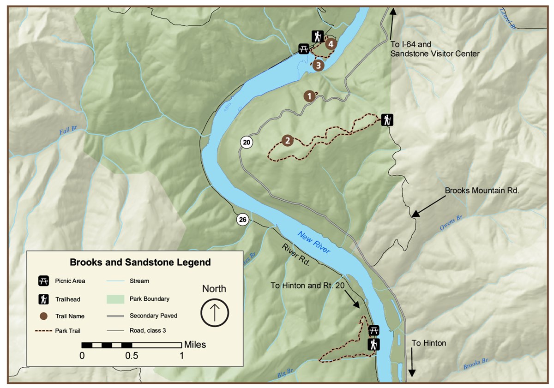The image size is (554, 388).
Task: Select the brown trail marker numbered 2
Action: tap(287, 140)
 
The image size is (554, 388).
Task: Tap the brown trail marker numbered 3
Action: tap(318, 66)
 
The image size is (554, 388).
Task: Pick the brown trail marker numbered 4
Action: tap(330, 44)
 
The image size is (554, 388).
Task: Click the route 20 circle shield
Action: tap(247, 142)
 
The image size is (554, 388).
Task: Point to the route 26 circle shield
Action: tap(243, 219)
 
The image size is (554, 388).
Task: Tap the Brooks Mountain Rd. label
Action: tap(482, 190)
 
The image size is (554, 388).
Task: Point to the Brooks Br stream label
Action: tap(475, 364)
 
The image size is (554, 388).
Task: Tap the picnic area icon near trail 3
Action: tap(303, 48)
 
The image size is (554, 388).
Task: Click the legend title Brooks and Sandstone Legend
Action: tap(140, 263)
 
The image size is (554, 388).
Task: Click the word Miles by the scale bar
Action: tap(195, 344)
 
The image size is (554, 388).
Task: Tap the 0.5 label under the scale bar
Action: tap(132, 356)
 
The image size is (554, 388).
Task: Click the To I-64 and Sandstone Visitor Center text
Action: tap(435, 49)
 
